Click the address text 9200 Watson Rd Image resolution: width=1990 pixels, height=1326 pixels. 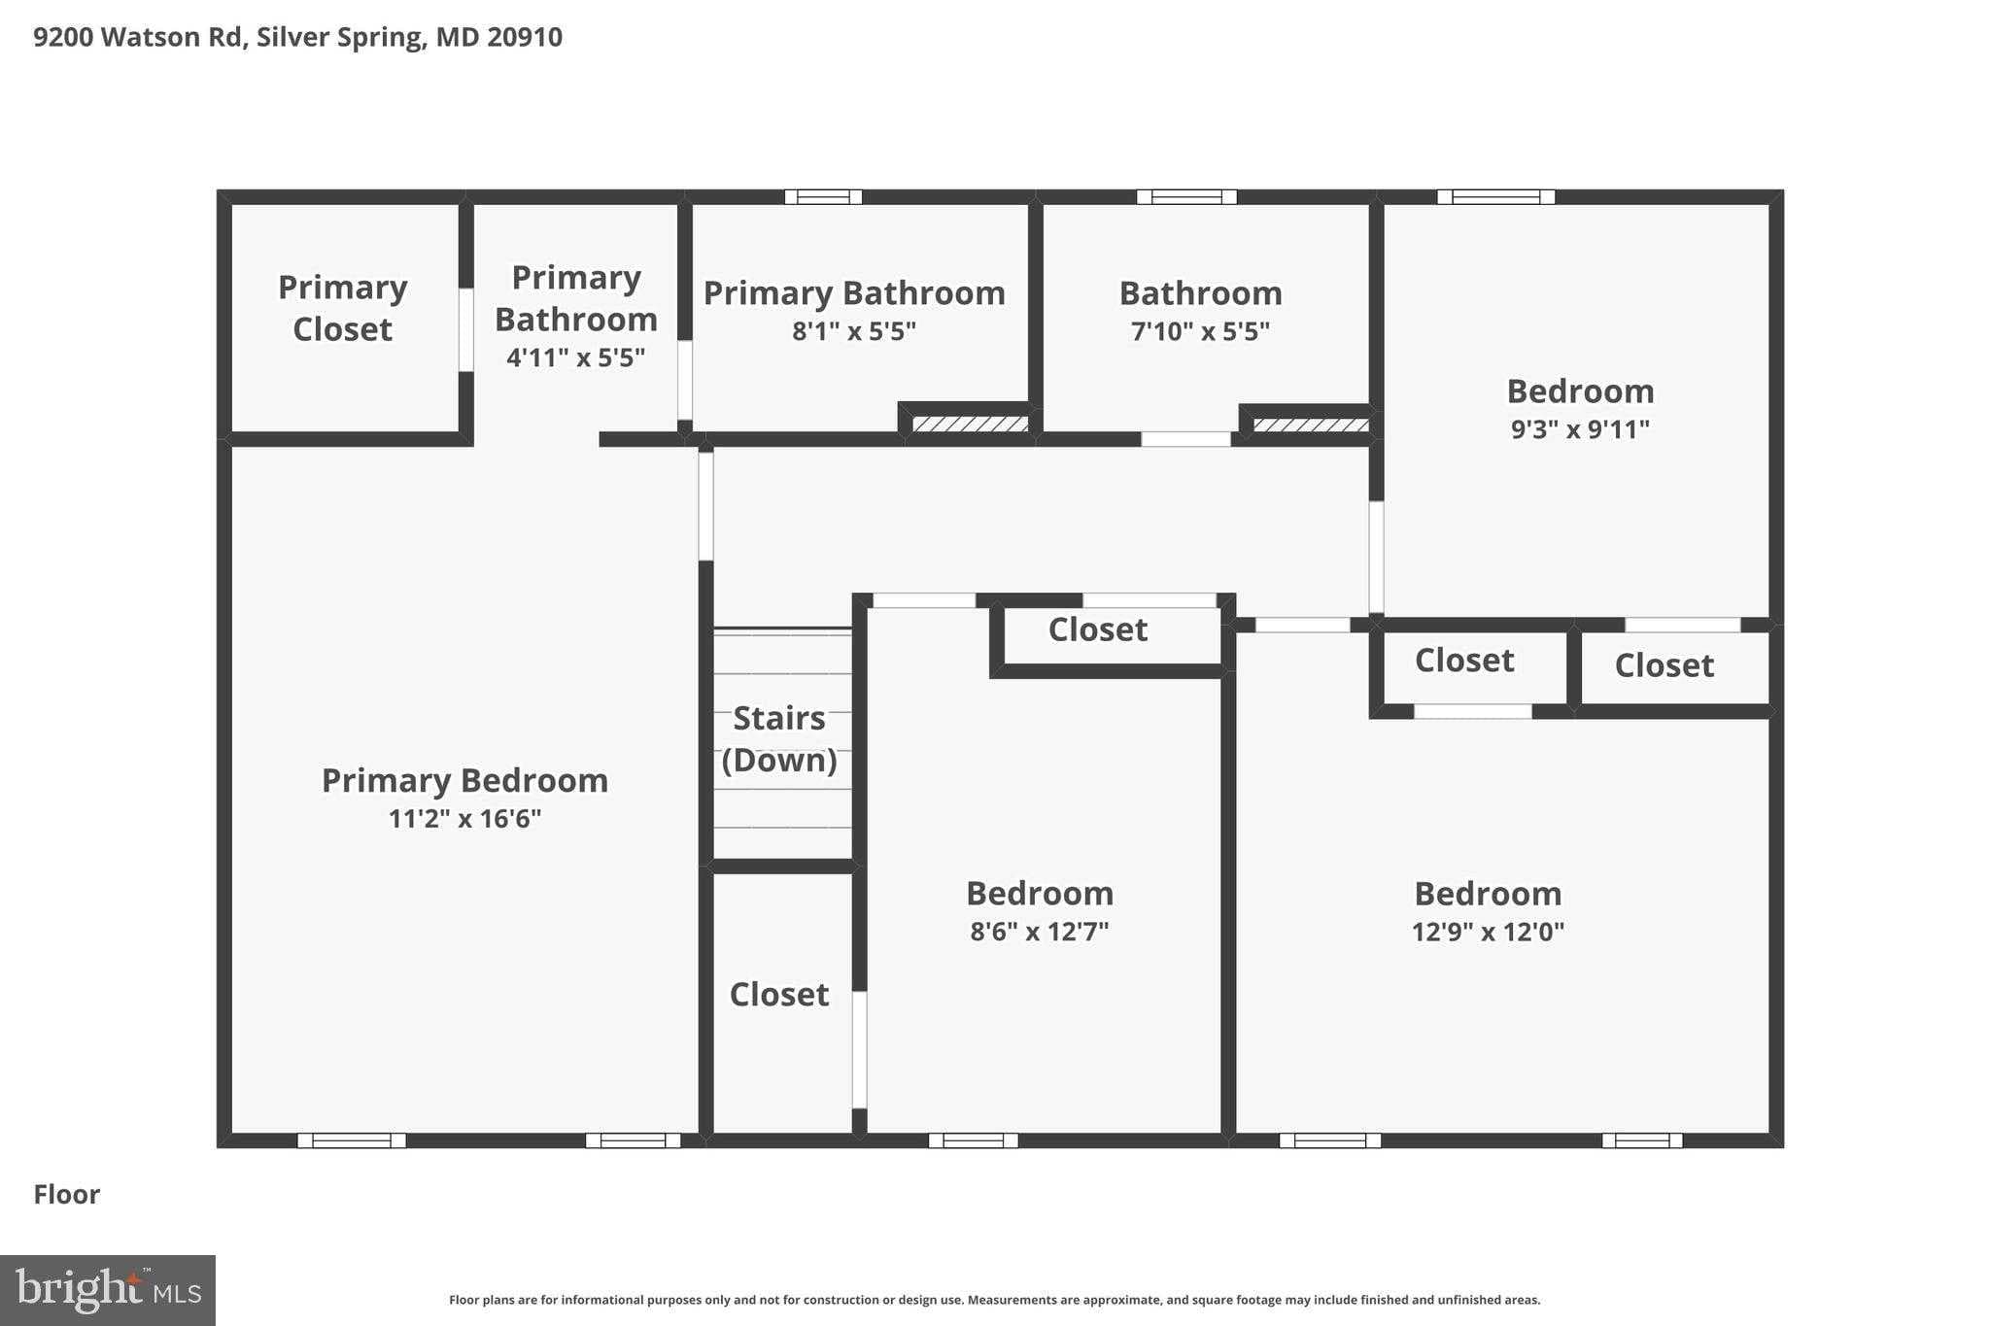click(138, 37)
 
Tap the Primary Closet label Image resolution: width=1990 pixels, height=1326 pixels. click(342, 308)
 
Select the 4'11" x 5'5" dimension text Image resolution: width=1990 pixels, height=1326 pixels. click(576, 357)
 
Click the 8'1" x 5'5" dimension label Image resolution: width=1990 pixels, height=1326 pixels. click(854, 331)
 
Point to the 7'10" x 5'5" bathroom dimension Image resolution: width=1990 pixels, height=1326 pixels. click(1200, 331)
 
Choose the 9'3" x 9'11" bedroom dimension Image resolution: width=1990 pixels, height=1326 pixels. click(1580, 429)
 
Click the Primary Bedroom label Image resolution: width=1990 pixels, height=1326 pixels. click(464, 780)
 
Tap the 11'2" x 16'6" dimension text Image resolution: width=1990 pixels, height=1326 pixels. click(464, 819)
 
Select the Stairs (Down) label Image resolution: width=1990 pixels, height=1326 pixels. click(779, 738)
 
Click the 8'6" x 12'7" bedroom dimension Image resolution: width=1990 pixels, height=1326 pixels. click(1039, 932)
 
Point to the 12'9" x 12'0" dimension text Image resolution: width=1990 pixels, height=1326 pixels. click(1488, 932)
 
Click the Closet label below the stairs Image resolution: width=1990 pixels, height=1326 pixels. click(779, 994)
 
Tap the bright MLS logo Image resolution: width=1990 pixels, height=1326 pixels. click(108, 1290)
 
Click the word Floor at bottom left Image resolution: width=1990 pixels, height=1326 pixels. click(67, 1194)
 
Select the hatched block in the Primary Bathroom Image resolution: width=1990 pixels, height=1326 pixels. click(970, 425)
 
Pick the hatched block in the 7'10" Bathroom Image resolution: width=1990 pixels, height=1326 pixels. click(1311, 425)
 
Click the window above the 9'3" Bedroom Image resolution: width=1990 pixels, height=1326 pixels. click(1496, 197)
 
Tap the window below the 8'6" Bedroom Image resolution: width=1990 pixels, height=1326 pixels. click(973, 1140)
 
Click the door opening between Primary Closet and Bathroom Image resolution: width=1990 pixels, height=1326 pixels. click(466, 329)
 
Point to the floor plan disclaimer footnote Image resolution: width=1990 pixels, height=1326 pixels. click(995, 1300)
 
